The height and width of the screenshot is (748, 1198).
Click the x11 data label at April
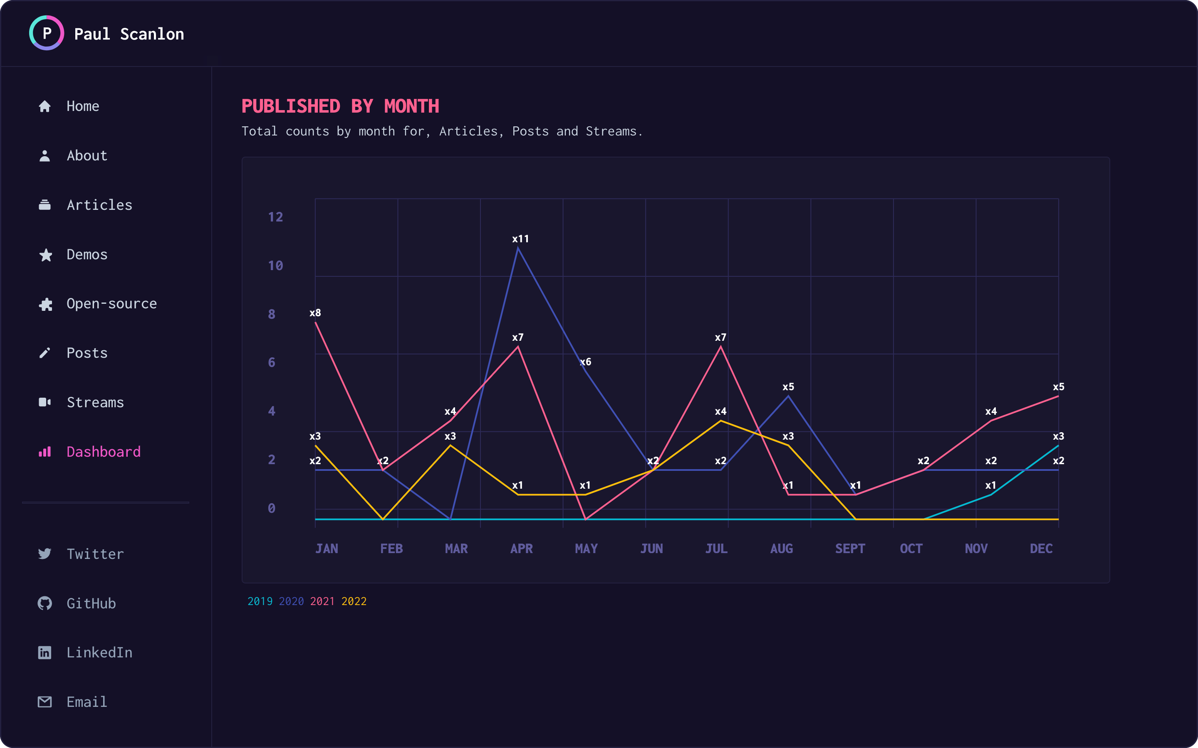tap(520, 239)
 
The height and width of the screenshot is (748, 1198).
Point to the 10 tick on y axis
tap(275, 266)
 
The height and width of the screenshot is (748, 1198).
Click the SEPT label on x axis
tap(850, 549)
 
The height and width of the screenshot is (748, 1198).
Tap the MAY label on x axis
tap(586, 549)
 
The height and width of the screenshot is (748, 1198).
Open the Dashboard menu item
tap(104, 452)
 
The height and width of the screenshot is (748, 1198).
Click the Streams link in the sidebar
tap(95, 402)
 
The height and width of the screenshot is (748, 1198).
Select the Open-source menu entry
tap(111, 304)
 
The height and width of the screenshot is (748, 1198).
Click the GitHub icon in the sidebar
tap(45, 603)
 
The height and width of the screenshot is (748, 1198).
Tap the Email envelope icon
tap(45, 701)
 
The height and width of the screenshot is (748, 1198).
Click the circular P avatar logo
tap(47, 33)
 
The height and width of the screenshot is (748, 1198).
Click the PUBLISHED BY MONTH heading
tap(340, 106)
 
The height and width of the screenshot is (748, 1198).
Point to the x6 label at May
tap(586, 362)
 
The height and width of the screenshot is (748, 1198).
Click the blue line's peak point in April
tap(518, 249)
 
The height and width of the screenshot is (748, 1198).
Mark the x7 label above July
tap(720, 337)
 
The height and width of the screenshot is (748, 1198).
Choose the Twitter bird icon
tap(45, 554)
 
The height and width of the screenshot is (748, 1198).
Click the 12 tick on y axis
tap(275, 217)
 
